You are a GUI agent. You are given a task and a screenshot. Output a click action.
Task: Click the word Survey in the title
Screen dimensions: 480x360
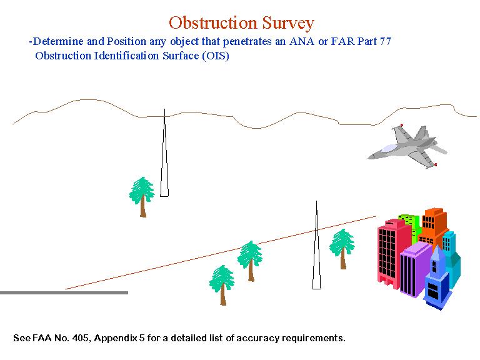coord(288,23)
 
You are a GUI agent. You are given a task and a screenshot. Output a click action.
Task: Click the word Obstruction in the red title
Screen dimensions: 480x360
coord(212,22)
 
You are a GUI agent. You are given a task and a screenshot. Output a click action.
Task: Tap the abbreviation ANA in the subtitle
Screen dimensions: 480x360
coord(301,41)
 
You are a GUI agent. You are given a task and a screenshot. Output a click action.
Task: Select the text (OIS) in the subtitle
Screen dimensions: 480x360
coord(216,56)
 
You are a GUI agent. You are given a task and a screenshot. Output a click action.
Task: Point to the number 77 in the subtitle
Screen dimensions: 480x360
coord(386,41)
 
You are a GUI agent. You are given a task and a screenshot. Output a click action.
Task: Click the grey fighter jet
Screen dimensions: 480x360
coord(407,147)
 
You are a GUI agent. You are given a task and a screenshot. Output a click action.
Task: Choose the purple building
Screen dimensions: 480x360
coord(414,269)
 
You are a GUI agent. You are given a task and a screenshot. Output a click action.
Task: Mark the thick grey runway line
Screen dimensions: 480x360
coord(64,293)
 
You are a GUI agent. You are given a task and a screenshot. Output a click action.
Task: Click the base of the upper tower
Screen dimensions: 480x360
coord(164,196)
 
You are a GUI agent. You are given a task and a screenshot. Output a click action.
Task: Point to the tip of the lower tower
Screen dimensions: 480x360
coord(316,201)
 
